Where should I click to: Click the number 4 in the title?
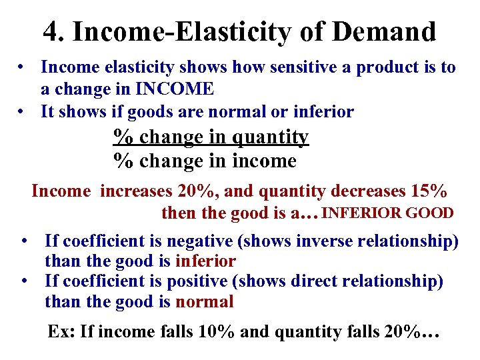pyautogui.click(x=52, y=31)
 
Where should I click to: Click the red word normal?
pyautogui.click(x=204, y=302)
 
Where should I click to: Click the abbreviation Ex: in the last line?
pyautogui.click(x=61, y=331)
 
